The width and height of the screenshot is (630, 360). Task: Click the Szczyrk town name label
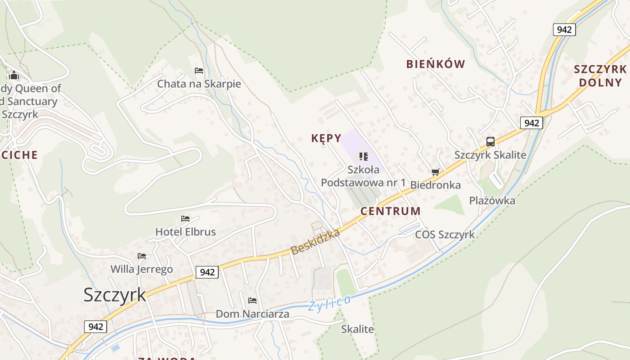115,295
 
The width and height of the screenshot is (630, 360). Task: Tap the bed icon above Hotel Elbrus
185,219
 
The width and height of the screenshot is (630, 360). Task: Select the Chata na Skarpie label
199,84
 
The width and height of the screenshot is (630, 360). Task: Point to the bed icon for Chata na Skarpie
199,71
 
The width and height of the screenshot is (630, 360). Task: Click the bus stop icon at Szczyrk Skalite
490,142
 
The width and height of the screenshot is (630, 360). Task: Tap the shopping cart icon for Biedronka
435,172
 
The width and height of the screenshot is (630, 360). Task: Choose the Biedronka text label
435,185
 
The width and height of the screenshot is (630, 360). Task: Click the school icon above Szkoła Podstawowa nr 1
363,157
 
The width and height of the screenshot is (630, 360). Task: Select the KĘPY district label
326,138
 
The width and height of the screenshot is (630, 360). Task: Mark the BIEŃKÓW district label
435,64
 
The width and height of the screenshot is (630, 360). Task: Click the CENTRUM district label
391,211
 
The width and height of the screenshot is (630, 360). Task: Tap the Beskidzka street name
315,242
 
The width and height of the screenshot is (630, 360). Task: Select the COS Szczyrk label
445,234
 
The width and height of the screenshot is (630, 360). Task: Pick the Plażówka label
492,201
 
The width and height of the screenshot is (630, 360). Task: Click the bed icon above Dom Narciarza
252,301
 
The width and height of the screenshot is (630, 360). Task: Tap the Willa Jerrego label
142,270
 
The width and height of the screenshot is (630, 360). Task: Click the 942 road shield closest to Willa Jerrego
207,272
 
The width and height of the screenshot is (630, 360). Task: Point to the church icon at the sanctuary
14,75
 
